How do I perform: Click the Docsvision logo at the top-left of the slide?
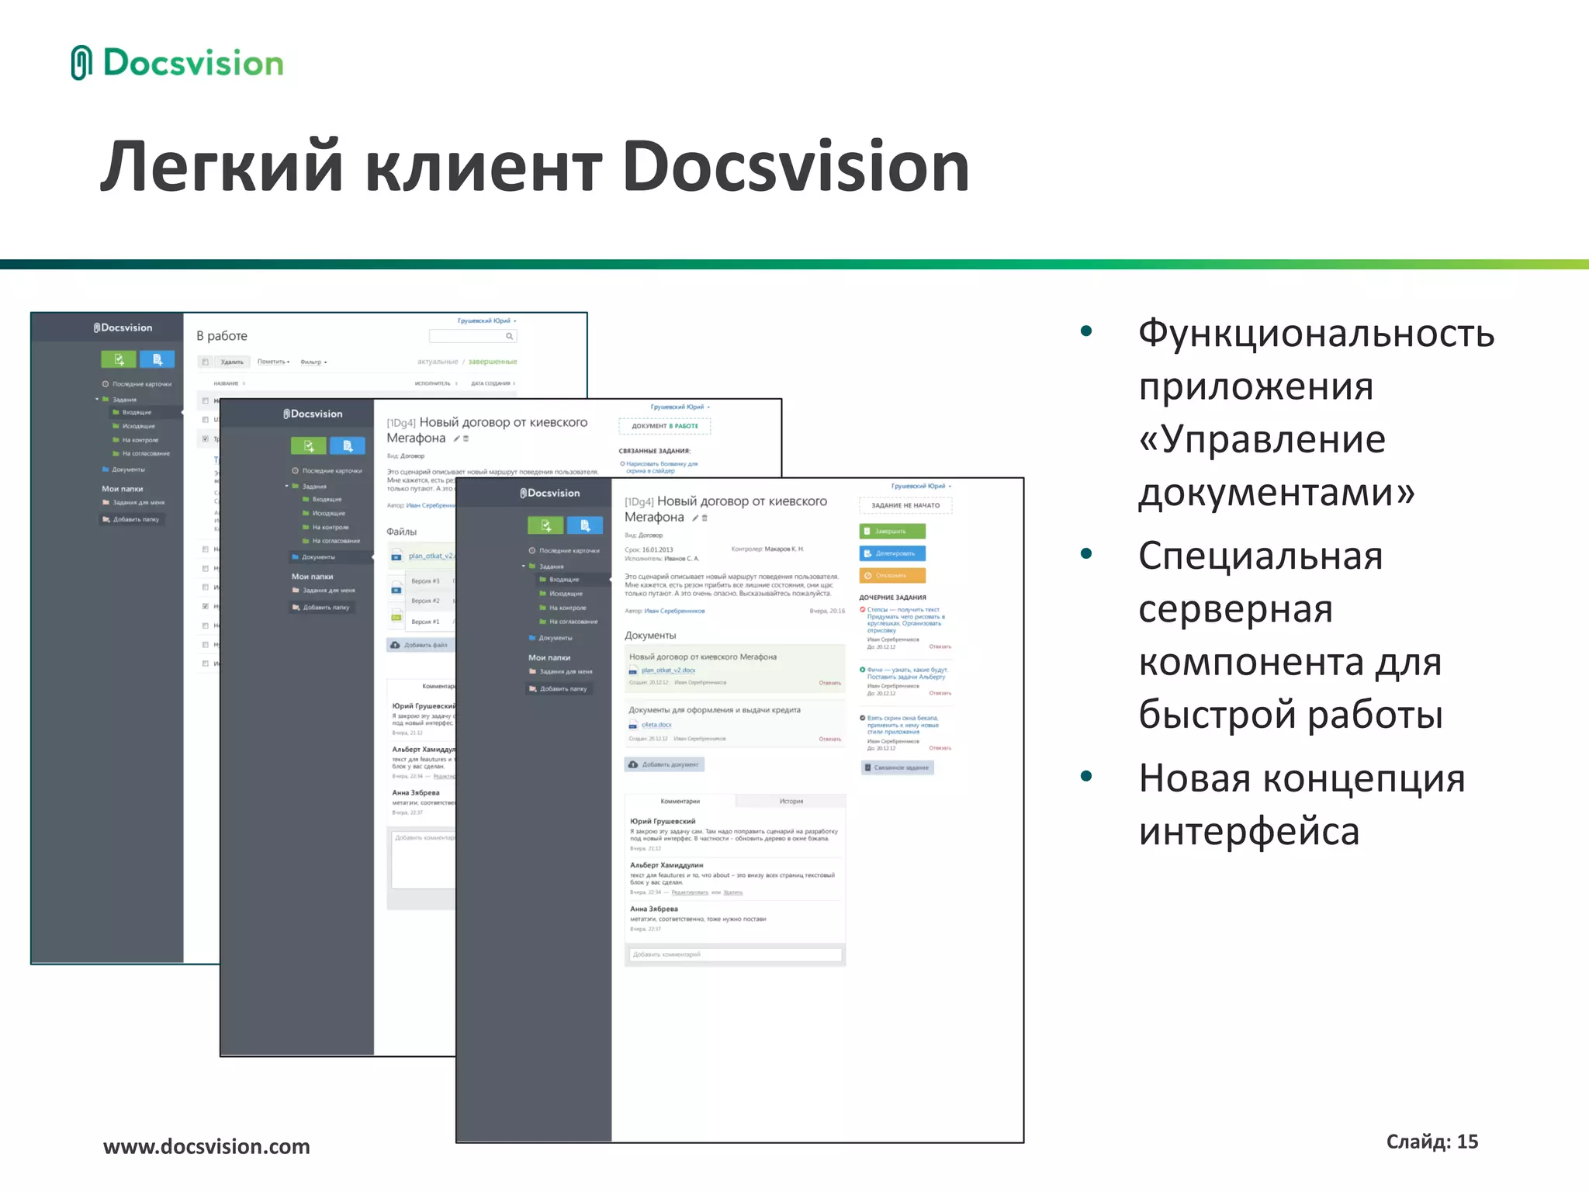[178, 63]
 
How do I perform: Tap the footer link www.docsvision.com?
[206, 1146]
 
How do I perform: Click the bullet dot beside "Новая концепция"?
[1086, 776]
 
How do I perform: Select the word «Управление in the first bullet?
[1262, 439]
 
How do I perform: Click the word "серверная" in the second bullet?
[1235, 608]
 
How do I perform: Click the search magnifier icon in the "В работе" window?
[509, 336]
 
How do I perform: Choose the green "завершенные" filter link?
[493, 362]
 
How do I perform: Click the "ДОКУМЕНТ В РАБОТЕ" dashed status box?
[665, 426]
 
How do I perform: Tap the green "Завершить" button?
[892, 532]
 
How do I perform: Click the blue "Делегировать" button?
[892, 553]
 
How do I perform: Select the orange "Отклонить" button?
[892, 575]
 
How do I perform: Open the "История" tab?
[791, 801]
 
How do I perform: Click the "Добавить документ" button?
[664, 764]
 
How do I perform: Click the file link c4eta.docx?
[656, 725]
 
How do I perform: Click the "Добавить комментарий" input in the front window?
[734, 955]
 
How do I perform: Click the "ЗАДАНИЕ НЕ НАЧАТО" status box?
[905, 505]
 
